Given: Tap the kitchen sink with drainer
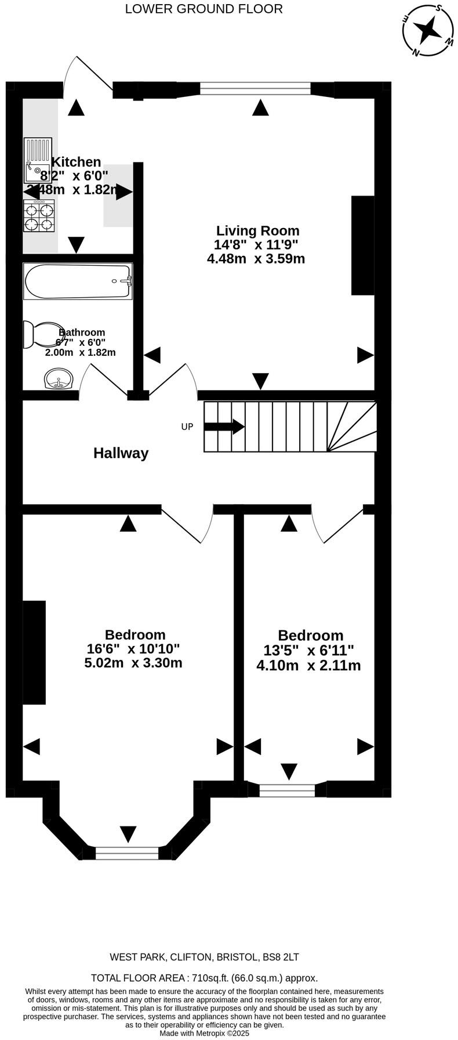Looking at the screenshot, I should point(38,161).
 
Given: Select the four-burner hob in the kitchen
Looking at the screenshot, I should point(39,216).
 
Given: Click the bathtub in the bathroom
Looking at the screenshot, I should point(78,281).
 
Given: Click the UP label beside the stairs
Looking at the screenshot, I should point(187,427).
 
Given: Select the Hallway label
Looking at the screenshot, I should point(121,453).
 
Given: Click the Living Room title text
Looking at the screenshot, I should point(258,230).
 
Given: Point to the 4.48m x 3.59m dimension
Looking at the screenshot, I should point(256,259).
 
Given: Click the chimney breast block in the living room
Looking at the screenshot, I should point(362,245).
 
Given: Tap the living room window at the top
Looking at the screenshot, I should point(255,88).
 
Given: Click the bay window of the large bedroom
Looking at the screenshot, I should point(126,853).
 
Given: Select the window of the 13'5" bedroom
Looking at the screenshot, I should point(287,789).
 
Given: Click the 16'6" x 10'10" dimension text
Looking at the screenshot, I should point(133,649).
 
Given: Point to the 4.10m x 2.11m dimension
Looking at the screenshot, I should point(308,666).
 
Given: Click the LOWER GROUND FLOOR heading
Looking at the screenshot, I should point(204,9).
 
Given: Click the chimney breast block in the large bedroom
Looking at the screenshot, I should point(34,652).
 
